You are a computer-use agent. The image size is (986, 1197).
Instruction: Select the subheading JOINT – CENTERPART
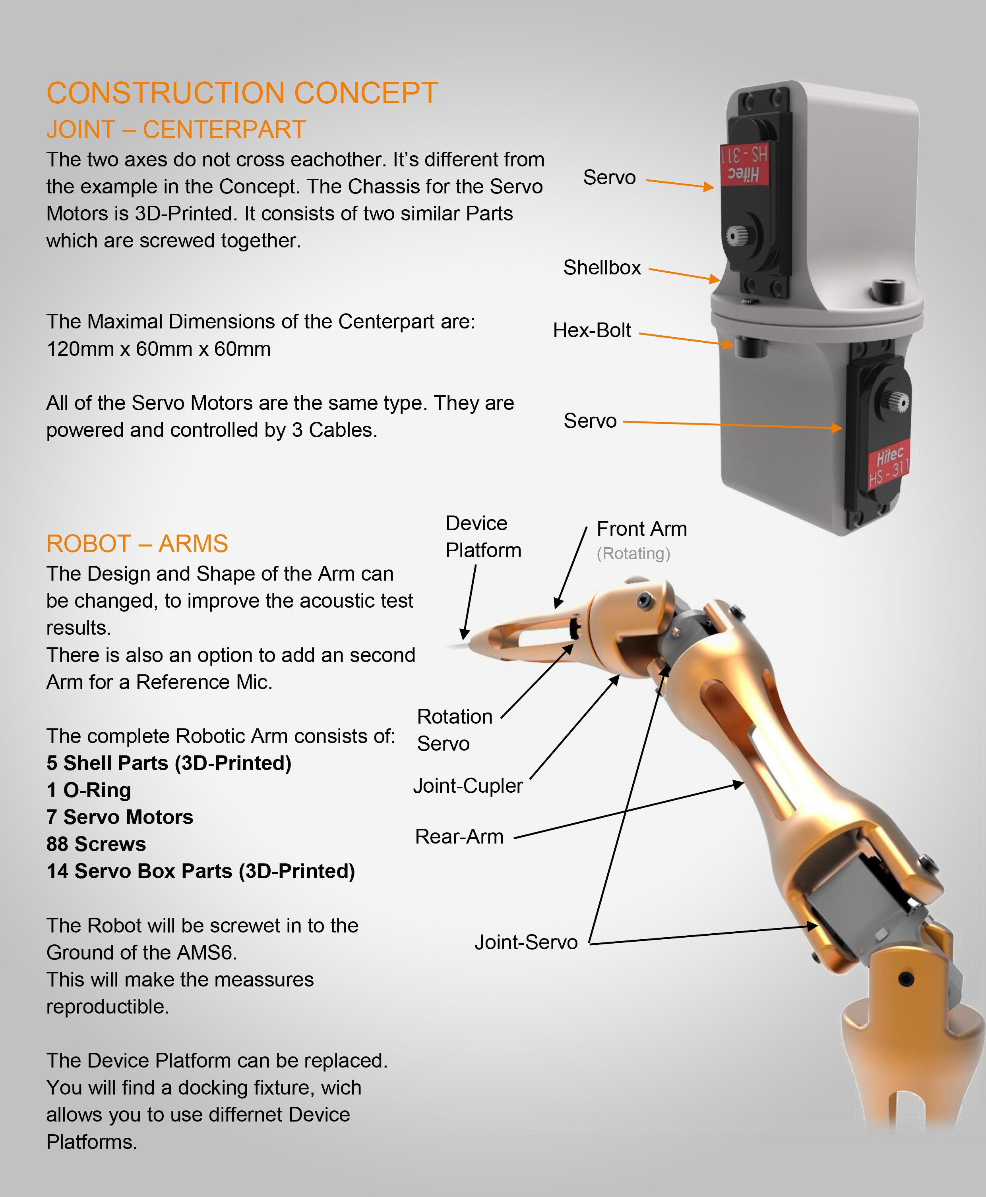176,129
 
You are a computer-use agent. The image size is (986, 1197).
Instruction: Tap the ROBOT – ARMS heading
137,544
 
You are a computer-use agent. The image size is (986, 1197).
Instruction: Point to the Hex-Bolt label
591,330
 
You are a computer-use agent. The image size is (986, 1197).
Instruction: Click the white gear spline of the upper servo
737,236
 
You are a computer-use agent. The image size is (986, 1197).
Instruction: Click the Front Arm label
641,529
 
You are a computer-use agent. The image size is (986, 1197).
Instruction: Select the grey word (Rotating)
633,553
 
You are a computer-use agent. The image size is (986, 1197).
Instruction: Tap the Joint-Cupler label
467,786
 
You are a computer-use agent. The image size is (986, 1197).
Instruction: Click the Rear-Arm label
459,837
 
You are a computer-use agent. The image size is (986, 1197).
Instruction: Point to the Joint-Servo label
525,942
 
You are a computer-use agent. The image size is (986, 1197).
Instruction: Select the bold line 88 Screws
96,844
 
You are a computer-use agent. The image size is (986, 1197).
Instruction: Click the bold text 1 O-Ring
89,790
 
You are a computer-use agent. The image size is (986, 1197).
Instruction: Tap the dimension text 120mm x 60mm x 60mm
158,349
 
